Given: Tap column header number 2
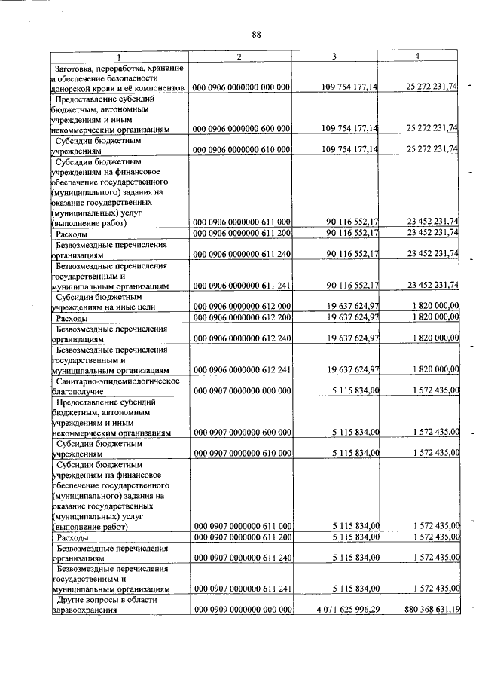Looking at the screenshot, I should tap(239, 57).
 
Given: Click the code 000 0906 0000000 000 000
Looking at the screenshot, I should tap(242, 88).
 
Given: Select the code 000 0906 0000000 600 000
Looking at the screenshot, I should tap(242, 129).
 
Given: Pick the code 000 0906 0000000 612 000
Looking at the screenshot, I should tap(242, 307).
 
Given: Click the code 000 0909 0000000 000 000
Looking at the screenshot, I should tap(242, 609).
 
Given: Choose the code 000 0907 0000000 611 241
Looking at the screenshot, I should tap(242, 588).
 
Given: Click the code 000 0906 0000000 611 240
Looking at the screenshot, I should tap(242, 255).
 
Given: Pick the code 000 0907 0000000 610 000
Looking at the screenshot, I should tap(242, 453).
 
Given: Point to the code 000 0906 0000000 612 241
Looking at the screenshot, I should tap(242, 369).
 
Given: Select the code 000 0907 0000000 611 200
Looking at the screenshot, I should tap(242, 537).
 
